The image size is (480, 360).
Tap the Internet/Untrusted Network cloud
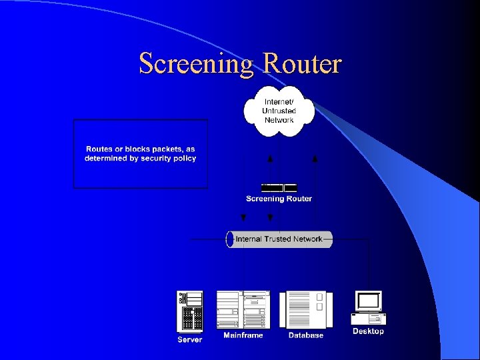point(279,111)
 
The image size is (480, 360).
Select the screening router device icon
point(279,188)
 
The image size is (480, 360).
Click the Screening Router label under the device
point(279,199)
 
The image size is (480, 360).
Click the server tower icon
point(189,311)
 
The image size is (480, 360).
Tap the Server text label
point(189,340)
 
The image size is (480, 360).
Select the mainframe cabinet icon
point(243,310)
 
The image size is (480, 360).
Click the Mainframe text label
point(243,335)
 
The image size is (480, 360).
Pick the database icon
point(305,310)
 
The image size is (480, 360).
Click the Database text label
point(305,335)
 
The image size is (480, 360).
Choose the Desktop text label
point(368,331)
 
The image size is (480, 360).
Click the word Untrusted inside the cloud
point(279,111)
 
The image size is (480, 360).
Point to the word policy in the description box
point(183,159)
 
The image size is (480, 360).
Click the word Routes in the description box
point(99,149)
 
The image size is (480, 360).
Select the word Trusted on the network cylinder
point(279,239)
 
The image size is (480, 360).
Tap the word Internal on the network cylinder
point(249,239)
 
